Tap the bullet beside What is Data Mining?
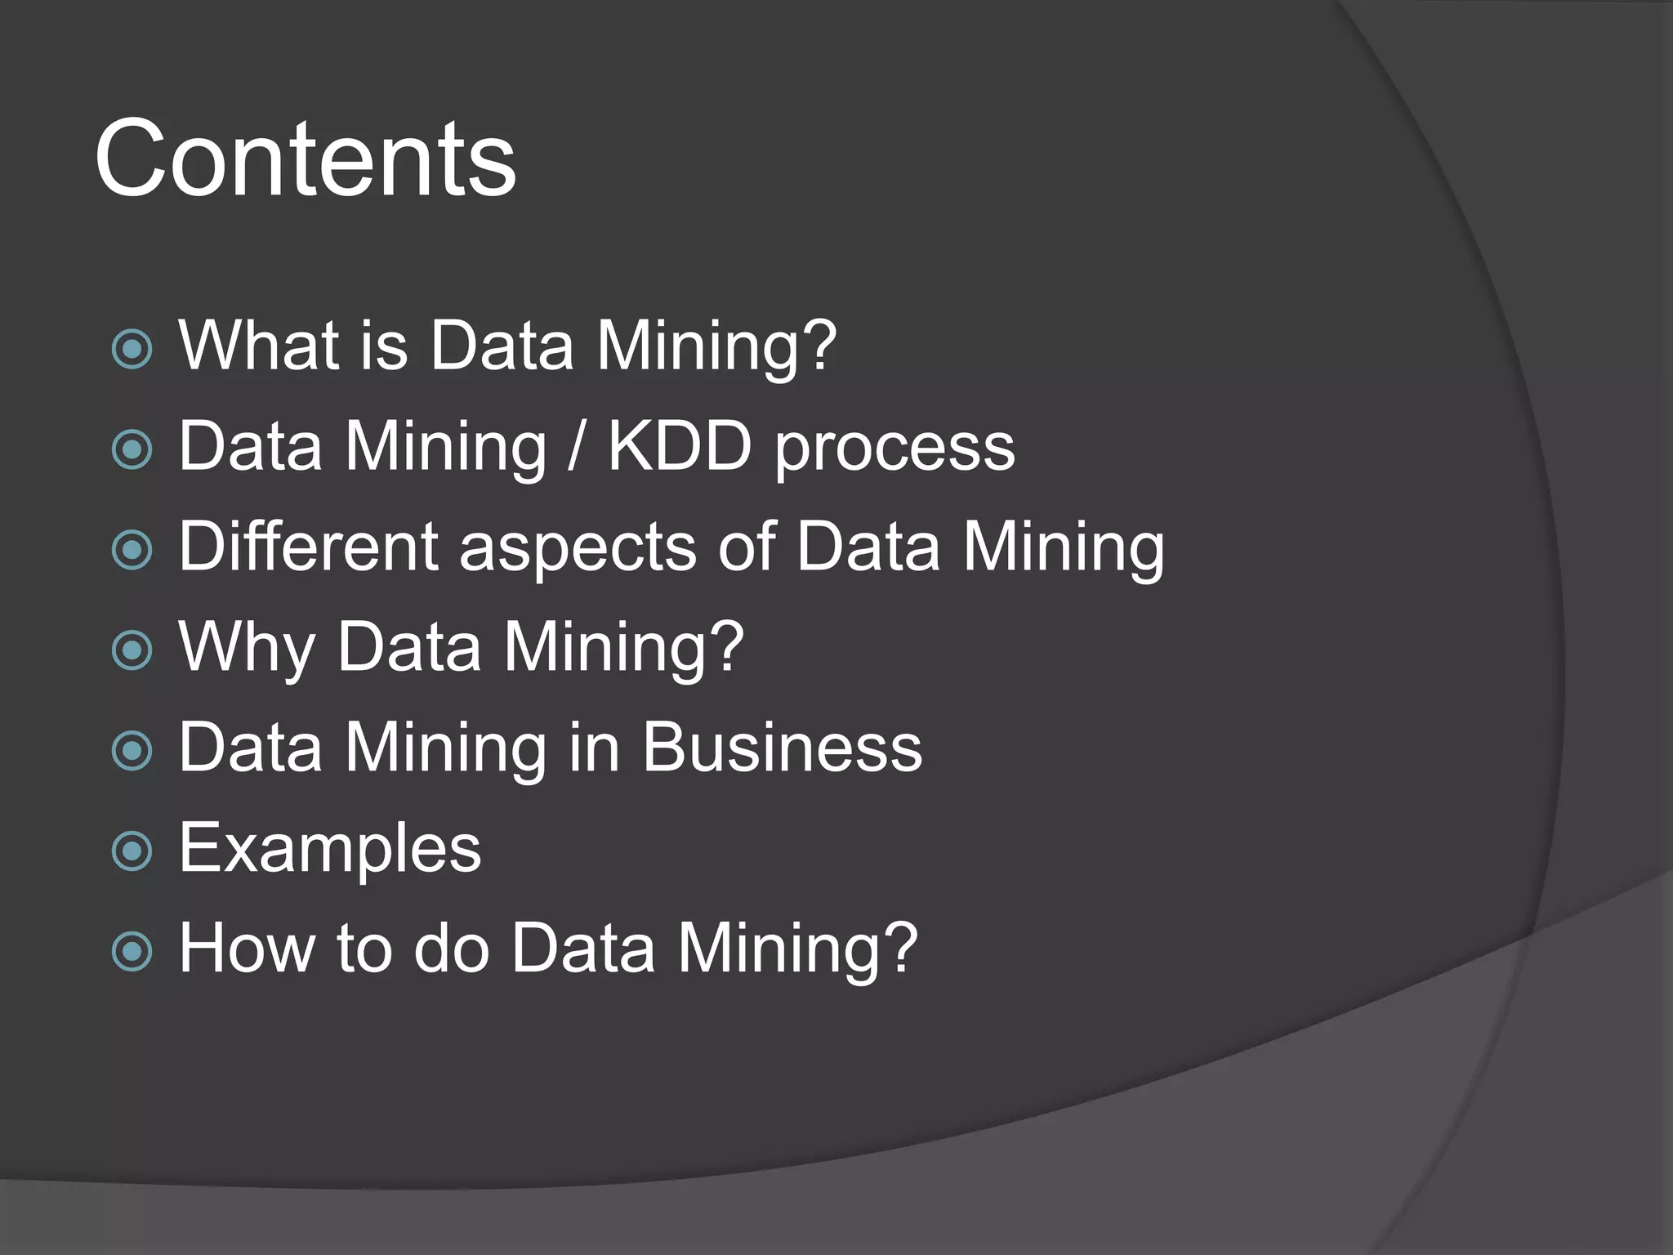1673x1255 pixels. pos(132,349)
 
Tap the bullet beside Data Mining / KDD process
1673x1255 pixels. pos(132,449)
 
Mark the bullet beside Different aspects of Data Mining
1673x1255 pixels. pos(132,550)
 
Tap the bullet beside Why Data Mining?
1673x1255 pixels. pos(132,650)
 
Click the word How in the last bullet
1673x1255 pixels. pos(247,948)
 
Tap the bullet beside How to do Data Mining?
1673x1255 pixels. pos(132,951)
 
